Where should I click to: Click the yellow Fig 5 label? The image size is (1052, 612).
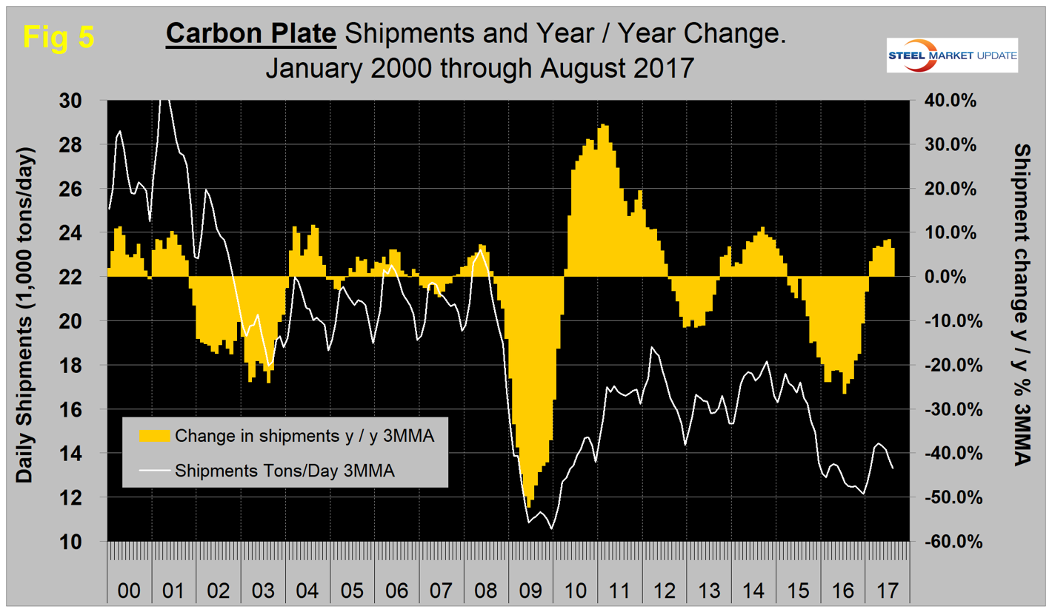coord(58,36)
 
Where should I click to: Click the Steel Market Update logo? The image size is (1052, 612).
coord(952,56)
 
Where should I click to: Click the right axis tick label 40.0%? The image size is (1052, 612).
coord(951,101)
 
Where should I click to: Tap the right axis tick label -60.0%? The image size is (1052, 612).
coord(949,542)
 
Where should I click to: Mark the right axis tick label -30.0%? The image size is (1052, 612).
coord(949,409)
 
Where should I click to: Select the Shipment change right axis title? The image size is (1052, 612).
coord(1024,303)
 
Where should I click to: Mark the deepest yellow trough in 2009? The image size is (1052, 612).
coord(529,505)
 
